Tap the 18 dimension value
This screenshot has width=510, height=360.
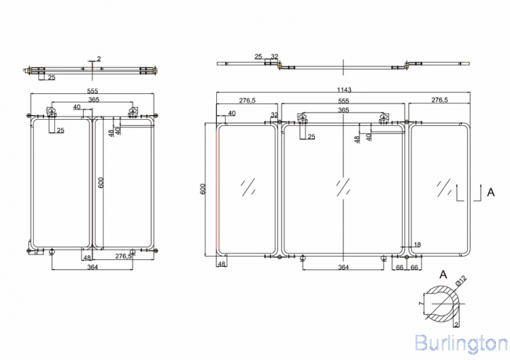417,245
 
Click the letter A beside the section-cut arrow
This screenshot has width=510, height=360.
490,193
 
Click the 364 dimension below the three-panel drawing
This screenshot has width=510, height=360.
343,267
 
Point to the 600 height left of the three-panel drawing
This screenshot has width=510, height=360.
203,189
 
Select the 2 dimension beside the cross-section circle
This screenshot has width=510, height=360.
456,327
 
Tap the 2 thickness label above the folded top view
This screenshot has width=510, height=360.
99,59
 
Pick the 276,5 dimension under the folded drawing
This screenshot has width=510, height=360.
123,257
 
